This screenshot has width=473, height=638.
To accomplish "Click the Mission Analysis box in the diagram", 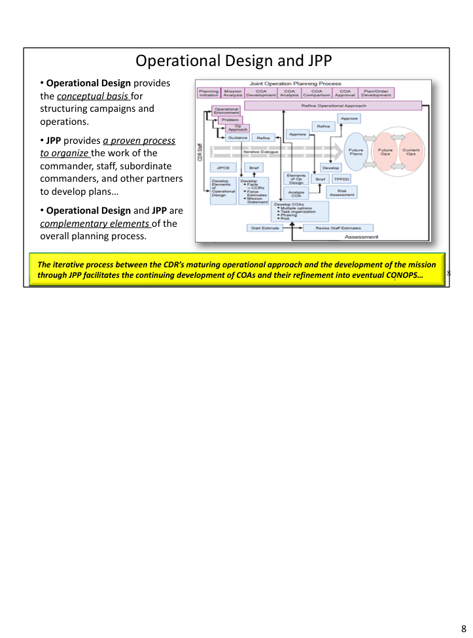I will (x=232, y=93).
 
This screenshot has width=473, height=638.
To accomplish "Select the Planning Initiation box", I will (x=209, y=93).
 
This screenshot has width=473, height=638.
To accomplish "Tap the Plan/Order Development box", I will (x=376, y=93).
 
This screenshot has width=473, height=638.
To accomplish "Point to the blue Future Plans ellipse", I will (x=356, y=152).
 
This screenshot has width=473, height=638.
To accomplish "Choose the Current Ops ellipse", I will (x=411, y=152).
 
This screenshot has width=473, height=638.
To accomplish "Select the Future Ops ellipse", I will (x=386, y=152).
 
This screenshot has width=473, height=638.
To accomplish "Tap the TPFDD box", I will (x=342, y=179).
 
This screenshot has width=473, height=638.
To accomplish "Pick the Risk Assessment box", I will (x=342, y=192).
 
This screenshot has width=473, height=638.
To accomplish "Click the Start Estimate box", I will (x=264, y=228).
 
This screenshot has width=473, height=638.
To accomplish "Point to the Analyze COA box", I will (x=296, y=194).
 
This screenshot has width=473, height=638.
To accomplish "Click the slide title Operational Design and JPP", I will (x=234, y=61).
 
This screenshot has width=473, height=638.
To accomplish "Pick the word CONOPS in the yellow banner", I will (x=404, y=277).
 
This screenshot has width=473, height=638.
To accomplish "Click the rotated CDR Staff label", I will (x=200, y=152).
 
